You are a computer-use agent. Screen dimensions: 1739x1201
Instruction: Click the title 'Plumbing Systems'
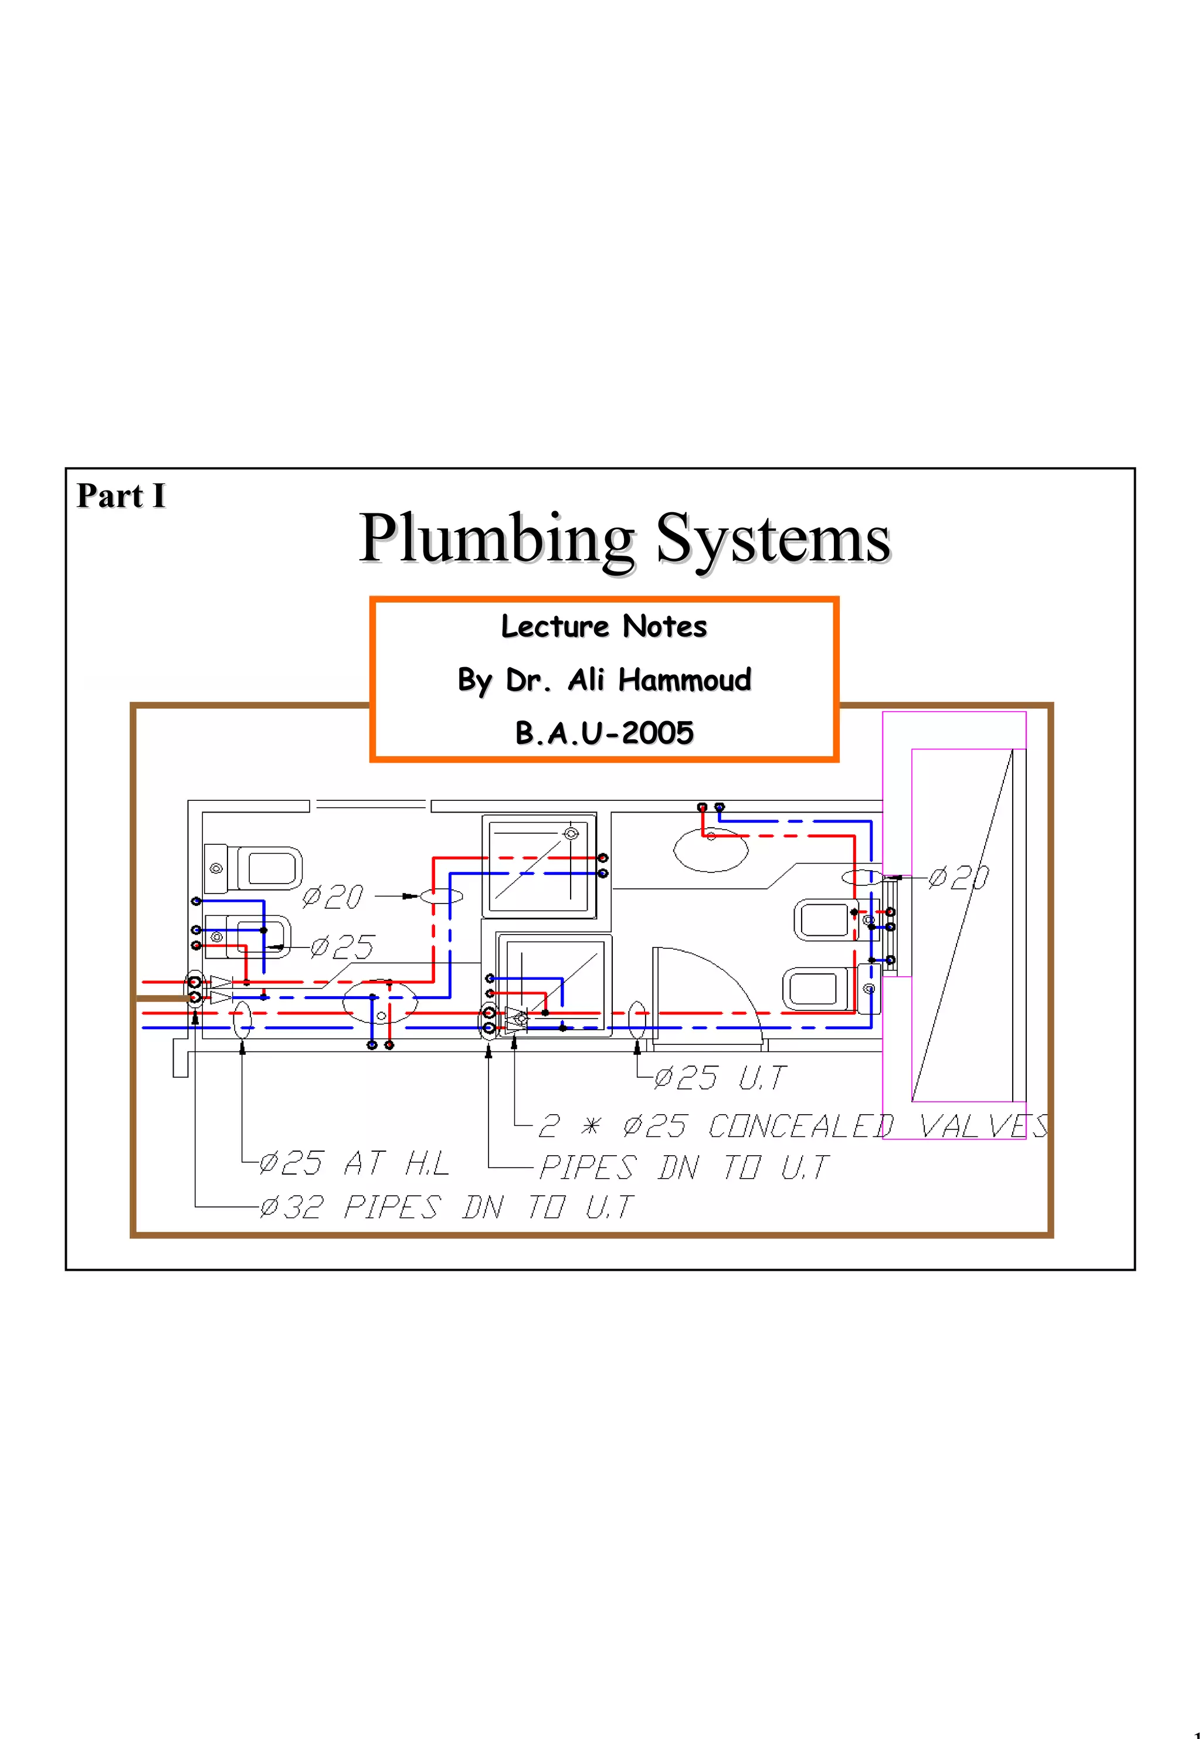click(x=625, y=539)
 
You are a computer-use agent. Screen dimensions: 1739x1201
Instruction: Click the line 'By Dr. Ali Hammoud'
click(x=604, y=680)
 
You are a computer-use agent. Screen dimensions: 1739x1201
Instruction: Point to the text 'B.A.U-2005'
click(x=604, y=732)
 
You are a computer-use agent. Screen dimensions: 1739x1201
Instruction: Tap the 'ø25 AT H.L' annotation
click(x=354, y=1164)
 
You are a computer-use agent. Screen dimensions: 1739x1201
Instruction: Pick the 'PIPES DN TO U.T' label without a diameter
click(x=683, y=1168)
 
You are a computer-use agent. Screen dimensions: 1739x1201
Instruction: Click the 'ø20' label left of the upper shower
click(x=333, y=896)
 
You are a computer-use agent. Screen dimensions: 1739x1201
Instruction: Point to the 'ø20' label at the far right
click(x=959, y=878)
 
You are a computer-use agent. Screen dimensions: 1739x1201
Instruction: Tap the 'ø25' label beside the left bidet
click(x=342, y=946)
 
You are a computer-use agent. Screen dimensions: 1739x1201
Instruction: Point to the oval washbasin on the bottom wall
click(x=379, y=1002)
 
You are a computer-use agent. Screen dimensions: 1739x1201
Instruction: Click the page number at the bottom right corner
click(x=1196, y=1732)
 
